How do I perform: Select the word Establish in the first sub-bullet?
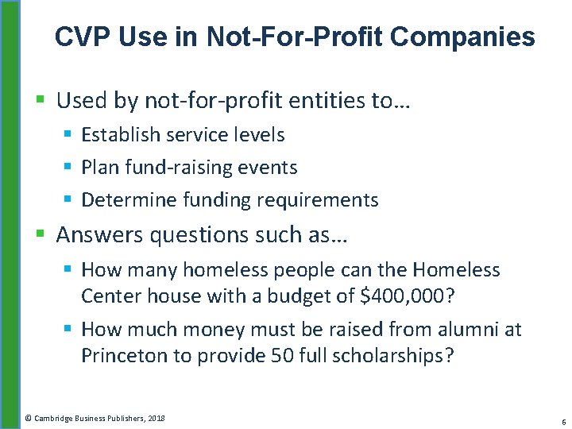[x=123, y=135]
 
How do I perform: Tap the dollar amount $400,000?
[x=407, y=296]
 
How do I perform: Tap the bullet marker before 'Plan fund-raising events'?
[x=68, y=168]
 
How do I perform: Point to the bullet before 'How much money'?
[x=68, y=329]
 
